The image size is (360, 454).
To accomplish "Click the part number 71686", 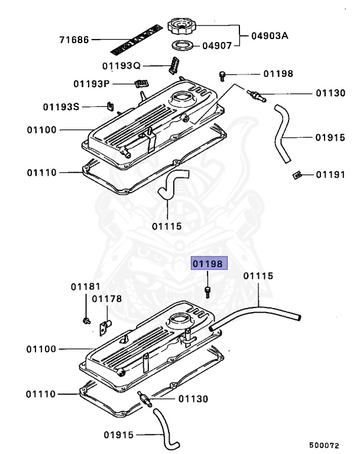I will point(74,40).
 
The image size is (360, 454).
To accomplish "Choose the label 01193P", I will point(92,84).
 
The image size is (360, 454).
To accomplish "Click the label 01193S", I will point(61,107).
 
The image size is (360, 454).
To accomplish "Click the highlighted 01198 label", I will point(207,263).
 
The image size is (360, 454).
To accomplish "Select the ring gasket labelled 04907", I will point(183,46).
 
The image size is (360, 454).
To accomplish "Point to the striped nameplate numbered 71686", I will point(136,38).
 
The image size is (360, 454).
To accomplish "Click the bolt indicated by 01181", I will point(86,320).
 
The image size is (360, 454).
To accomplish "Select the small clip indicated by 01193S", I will point(109,106).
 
